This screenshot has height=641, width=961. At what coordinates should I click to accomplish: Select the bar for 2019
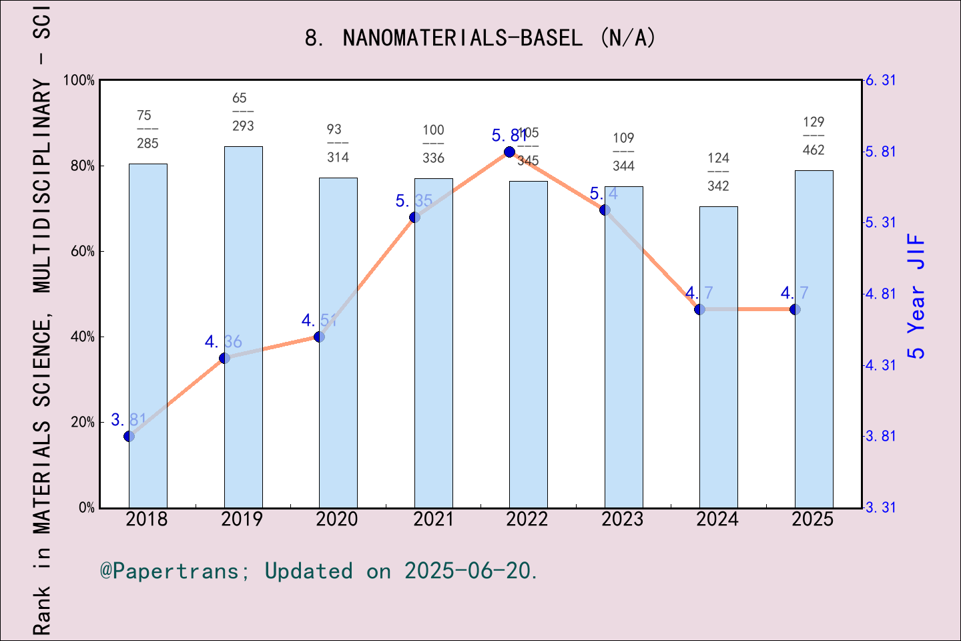(243, 327)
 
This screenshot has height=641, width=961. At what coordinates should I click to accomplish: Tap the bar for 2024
(719, 357)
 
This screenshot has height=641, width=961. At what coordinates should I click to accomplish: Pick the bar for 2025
(814, 339)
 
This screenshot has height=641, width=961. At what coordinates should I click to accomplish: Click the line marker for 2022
(509, 152)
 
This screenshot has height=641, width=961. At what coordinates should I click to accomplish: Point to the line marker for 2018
(129, 436)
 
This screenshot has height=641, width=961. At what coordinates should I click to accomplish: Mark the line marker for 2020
(319, 337)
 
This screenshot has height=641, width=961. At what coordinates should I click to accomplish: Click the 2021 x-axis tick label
(433, 519)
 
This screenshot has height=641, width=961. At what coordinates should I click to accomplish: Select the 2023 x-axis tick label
(623, 519)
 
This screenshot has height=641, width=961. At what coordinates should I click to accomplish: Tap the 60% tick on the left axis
(83, 252)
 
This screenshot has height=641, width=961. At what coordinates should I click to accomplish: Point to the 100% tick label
(79, 81)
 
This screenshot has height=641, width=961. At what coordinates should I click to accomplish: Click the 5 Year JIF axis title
(917, 296)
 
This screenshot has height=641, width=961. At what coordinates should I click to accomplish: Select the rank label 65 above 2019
(240, 98)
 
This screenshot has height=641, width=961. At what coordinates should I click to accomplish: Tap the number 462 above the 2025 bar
(814, 150)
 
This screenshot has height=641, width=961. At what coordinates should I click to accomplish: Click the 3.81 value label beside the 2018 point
(128, 420)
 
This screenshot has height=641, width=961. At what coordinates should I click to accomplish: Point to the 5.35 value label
(414, 201)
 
